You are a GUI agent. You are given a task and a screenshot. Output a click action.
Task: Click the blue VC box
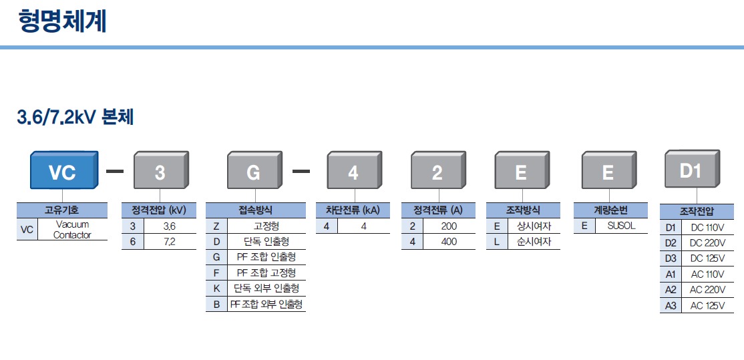click(62, 172)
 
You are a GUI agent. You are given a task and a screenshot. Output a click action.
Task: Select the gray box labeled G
click(253, 172)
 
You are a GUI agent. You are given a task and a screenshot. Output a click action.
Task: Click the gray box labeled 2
click(437, 172)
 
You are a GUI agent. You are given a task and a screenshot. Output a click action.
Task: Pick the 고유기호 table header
click(61, 210)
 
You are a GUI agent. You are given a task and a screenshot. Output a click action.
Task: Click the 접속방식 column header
click(255, 210)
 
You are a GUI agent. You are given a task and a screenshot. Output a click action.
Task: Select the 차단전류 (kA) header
click(353, 210)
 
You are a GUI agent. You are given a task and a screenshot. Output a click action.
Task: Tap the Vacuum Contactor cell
click(72, 230)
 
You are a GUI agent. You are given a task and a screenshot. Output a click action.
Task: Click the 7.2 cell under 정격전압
click(169, 242)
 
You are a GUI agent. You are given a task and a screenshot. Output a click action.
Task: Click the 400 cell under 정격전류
click(449, 242)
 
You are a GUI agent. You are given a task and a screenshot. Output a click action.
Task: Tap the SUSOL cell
click(621, 226)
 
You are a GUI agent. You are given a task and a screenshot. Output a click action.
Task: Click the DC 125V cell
click(707, 258)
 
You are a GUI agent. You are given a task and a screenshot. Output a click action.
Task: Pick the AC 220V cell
click(707, 290)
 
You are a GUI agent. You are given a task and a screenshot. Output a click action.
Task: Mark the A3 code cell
click(671, 306)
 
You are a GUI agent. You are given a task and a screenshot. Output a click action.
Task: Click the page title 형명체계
click(62, 21)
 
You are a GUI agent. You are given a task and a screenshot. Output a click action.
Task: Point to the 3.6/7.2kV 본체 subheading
click(75, 118)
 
